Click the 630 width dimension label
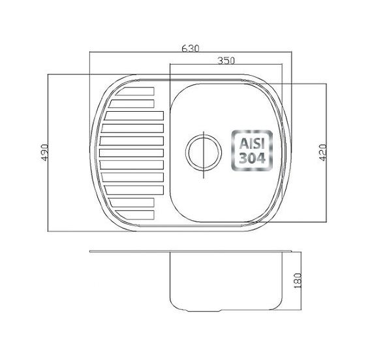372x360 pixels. pos(191,48)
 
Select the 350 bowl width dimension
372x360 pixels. pos(226,61)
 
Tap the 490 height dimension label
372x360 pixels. pos(45,152)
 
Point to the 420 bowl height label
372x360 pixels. pos(323,152)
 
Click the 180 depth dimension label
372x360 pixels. pos(298,280)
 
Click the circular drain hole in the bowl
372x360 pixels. pos(204,153)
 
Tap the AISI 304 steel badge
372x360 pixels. pos(252,150)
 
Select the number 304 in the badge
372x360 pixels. pos(252,158)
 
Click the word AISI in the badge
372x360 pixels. pos(252,144)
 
